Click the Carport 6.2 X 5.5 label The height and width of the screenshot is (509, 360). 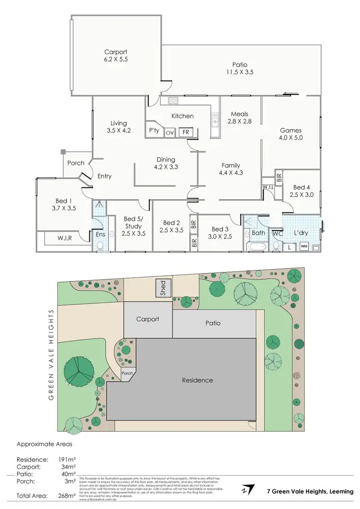click(116, 56)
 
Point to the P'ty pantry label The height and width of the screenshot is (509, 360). click(154, 130)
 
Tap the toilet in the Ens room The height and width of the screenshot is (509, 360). click(100, 246)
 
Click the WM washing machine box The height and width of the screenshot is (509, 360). click(304, 247)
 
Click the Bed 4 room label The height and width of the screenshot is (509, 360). click(301, 191)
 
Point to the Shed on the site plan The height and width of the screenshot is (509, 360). click(163, 289)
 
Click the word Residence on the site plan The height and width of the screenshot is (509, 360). click(197, 380)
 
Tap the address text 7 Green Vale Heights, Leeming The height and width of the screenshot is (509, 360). click(310, 491)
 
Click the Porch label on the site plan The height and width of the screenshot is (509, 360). click(127, 374)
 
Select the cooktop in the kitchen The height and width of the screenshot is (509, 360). click(173, 100)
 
